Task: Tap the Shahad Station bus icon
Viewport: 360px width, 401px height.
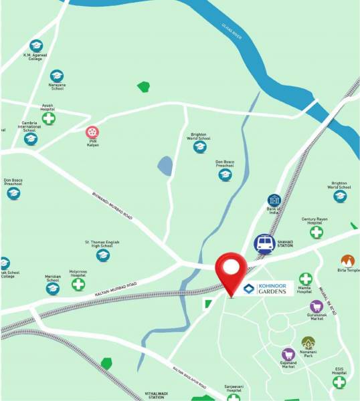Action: [x=264, y=243]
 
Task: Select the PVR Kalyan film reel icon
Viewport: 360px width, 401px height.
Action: [x=92, y=132]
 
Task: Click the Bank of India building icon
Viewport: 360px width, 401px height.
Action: [x=274, y=200]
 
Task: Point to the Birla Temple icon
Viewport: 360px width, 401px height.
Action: [x=347, y=261]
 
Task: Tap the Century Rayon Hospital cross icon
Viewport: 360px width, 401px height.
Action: [x=316, y=232]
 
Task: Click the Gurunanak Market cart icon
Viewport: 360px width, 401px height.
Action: [x=316, y=307]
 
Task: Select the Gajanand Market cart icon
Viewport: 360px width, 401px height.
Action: [x=288, y=354]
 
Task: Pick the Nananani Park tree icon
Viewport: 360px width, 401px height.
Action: [x=308, y=343]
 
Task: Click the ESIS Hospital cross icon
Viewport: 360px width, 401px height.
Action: [x=340, y=382]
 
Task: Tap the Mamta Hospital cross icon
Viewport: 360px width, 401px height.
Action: [x=305, y=279]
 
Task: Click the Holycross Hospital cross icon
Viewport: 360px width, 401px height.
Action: [x=78, y=285]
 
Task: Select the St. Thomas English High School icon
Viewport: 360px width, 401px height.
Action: [x=103, y=255]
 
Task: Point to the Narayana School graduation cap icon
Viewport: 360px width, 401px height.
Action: [x=57, y=76]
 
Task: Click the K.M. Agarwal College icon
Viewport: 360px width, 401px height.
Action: [x=36, y=45]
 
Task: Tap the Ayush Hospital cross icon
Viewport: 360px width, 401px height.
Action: [x=48, y=118]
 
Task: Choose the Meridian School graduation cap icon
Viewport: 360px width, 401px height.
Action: [x=52, y=289]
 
